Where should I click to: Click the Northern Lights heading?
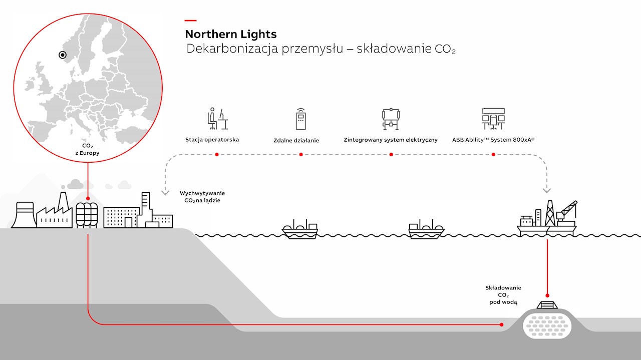click(x=231, y=35)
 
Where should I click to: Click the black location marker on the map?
click(x=63, y=55)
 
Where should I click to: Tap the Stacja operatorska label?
click(x=212, y=140)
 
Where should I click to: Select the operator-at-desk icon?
click(x=217, y=119)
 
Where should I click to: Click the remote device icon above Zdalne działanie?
click(x=300, y=119)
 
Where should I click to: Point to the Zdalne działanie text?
click(x=296, y=141)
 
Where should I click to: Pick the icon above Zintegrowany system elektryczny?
click(x=391, y=119)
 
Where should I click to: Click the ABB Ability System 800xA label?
click(x=493, y=140)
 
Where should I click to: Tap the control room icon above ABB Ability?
click(x=493, y=119)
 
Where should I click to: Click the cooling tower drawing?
click(x=24, y=215)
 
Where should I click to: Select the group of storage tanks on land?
click(x=87, y=215)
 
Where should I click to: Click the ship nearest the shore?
click(x=300, y=229)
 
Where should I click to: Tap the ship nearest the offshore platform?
click(x=426, y=229)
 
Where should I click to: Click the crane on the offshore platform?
click(x=566, y=213)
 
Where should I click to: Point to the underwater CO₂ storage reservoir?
click(x=547, y=327)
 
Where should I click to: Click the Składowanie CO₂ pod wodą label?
click(x=503, y=295)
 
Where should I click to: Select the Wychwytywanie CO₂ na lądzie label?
click(x=202, y=197)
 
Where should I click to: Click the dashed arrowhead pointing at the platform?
click(x=546, y=191)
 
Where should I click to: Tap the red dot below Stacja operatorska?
click(x=217, y=155)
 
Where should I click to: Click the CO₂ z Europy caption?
click(x=87, y=149)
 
